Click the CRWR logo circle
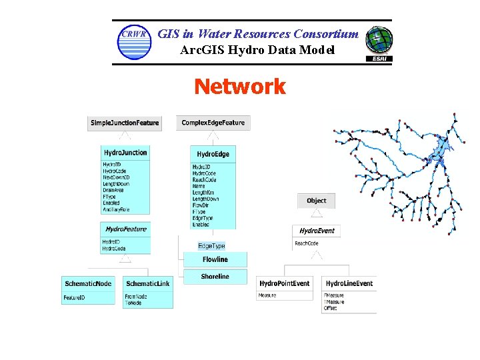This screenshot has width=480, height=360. (x=134, y=42)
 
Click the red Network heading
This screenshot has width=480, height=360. (x=239, y=87)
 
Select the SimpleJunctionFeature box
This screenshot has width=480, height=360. (x=125, y=123)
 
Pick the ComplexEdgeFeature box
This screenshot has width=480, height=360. (x=213, y=123)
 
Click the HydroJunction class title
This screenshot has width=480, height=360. (x=125, y=153)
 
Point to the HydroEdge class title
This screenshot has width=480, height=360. (x=213, y=154)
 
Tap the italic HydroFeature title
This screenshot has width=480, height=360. (x=125, y=229)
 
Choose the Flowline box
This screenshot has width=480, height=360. (x=215, y=259)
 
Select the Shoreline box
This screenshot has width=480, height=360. (x=215, y=277)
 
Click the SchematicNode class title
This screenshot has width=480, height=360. (x=89, y=284)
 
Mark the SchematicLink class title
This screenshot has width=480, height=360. (x=147, y=284)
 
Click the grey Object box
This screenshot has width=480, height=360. (x=316, y=201)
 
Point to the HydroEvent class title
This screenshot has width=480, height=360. (x=317, y=231)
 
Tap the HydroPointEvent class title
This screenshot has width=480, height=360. (x=285, y=284)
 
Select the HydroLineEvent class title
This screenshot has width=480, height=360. (x=349, y=284)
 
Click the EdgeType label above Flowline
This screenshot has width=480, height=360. (x=211, y=246)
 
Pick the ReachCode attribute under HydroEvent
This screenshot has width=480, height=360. (x=307, y=243)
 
